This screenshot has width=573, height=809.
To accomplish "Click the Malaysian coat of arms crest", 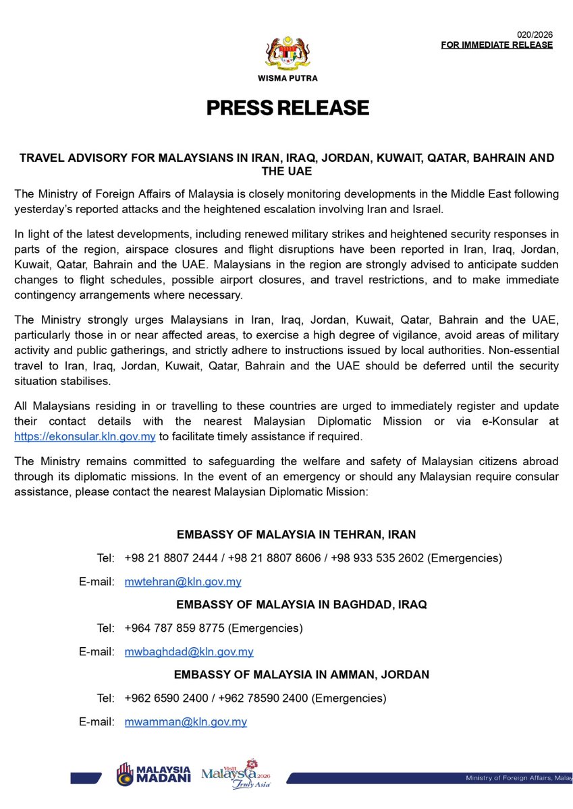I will (x=287, y=51).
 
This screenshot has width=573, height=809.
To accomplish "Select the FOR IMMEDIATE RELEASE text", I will (x=497, y=45).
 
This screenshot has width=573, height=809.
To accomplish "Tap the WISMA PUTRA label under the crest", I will (x=288, y=78).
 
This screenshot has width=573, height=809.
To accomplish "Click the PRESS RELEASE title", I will (x=288, y=108).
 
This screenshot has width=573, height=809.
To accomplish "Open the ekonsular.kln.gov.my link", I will (x=85, y=437).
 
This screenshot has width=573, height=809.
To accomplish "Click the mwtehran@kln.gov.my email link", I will (x=183, y=581).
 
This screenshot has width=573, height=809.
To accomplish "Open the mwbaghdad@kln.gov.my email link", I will (x=189, y=651).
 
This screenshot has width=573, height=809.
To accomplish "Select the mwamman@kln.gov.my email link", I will (x=186, y=721).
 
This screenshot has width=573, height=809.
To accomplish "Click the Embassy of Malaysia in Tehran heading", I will (x=296, y=535).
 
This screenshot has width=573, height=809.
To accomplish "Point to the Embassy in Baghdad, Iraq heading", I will (x=302, y=605).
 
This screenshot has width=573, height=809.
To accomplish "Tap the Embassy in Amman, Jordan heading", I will (x=302, y=674).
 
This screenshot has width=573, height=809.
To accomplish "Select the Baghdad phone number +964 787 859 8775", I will (x=175, y=628).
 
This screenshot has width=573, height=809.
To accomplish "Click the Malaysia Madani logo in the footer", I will (x=153, y=775).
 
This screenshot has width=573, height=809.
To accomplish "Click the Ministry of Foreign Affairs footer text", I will (x=516, y=779).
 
